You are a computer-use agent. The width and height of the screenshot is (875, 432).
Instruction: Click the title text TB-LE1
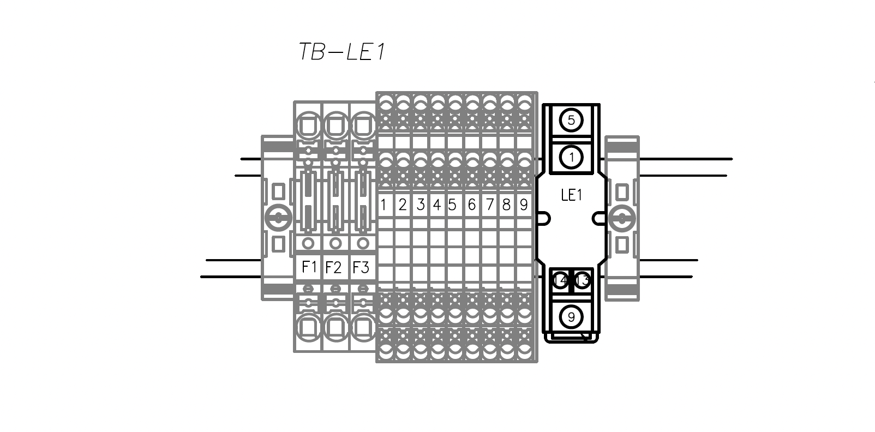342,52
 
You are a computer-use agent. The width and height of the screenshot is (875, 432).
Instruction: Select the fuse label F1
309,267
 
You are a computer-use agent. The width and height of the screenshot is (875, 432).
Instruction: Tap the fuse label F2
333,268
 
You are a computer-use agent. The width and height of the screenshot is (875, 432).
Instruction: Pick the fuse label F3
361,268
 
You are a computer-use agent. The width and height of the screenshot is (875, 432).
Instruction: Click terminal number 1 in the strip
383,205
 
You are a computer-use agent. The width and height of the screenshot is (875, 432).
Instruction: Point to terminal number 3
420,205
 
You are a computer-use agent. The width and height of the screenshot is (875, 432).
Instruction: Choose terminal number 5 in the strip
452,205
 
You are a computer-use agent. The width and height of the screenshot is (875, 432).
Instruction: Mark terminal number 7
489,205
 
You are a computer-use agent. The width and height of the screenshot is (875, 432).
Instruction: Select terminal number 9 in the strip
524,205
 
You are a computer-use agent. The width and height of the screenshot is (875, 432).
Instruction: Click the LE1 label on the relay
571,195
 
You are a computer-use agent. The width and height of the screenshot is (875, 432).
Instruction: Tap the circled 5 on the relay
571,120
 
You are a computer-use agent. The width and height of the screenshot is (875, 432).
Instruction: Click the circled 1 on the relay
571,157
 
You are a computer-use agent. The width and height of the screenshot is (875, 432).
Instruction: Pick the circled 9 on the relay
571,317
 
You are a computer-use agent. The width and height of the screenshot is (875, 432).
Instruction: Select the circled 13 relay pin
583,281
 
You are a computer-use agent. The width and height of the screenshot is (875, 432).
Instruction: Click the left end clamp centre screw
278,219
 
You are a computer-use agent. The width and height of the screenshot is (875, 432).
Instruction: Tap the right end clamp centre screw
621,219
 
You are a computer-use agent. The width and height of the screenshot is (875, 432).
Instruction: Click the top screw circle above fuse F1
309,126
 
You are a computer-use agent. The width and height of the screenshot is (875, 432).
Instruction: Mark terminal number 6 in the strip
471,205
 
